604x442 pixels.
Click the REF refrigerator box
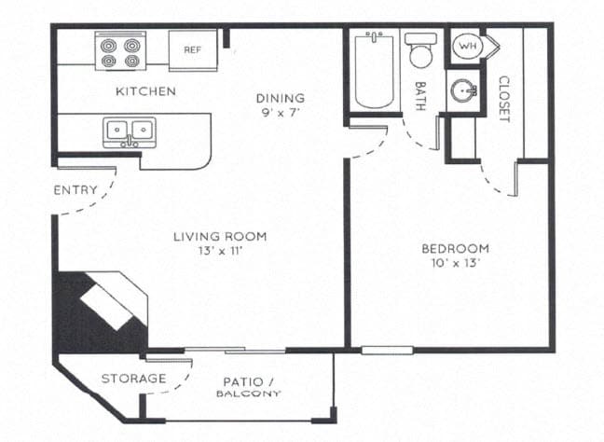pos(193,49)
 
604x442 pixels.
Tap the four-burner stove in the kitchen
pos(121,51)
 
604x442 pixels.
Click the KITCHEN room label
pos(145,91)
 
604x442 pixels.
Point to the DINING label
pos(281,98)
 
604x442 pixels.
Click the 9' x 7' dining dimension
pos(281,113)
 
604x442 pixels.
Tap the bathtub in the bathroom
pos(375,71)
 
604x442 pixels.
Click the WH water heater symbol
pos(465,46)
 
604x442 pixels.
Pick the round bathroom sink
pos(463,91)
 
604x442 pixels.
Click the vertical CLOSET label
pos(503,99)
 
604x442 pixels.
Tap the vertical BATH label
pos(420,96)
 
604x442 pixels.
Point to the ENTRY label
pos(75,190)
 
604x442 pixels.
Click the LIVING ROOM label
pos(220,237)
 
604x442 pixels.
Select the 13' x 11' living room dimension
pos(220,252)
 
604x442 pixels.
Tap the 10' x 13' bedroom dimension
pos(456,263)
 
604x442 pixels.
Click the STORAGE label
pos(134,379)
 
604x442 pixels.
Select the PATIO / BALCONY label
pos(248,387)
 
